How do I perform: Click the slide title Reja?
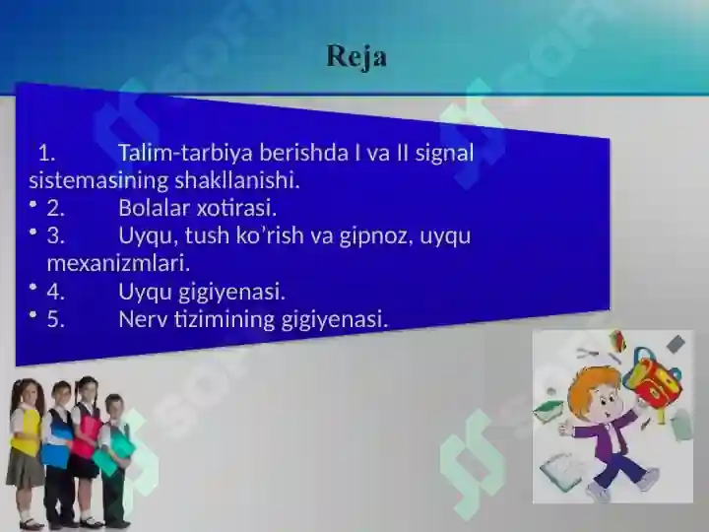point(356,56)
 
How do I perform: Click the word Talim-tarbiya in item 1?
point(175,154)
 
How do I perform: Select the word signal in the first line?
point(443,154)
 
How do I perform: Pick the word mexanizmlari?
point(118,264)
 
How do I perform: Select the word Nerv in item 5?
point(143,319)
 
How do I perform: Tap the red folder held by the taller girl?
point(88,433)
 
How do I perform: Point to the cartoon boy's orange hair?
point(596,379)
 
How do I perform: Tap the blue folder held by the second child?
point(55,454)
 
